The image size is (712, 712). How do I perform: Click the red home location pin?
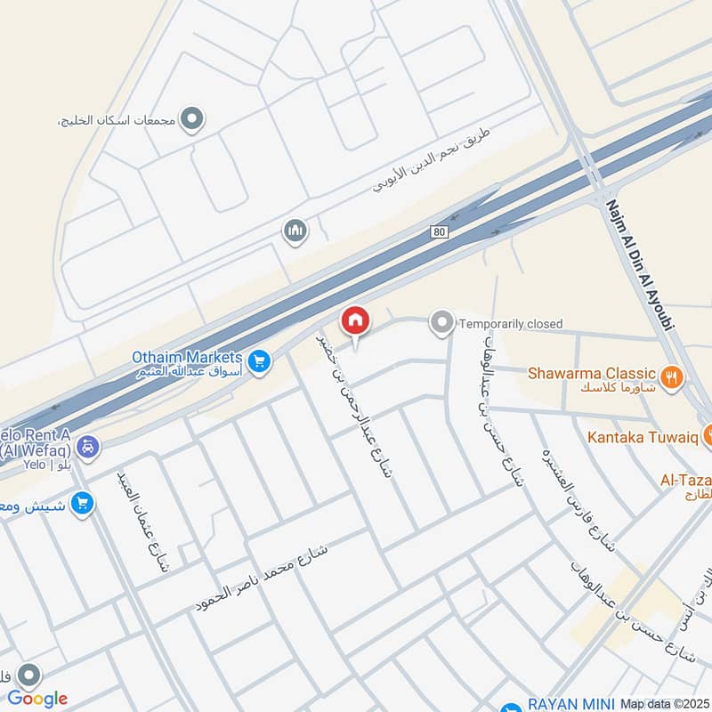click(x=355, y=321)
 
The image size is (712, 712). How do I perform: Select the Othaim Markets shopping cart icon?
click(x=259, y=360)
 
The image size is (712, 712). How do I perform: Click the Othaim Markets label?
click(x=187, y=357)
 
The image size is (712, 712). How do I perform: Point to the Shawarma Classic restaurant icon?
click(x=673, y=376)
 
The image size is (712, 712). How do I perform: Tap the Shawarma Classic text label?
click(x=592, y=373)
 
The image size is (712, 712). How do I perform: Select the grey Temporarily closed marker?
click(x=441, y=323)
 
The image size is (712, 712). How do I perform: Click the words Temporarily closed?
click(x=511, y=324)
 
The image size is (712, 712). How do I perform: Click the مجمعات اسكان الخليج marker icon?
click(x=191, y=117)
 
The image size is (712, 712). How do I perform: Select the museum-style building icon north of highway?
click(x=295, y=232)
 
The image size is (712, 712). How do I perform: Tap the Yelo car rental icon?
click(x=88, y=446)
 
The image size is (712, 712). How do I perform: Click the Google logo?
click(x=37, y=698)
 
